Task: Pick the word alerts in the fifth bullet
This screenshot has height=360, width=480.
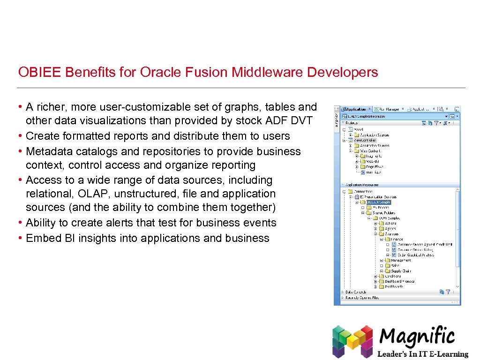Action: (x=116, y=223)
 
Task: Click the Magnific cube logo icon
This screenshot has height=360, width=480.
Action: (x=352, y=341)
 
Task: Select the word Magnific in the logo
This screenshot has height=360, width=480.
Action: (x=417, y=337)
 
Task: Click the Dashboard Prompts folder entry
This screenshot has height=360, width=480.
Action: (x=399, y=281)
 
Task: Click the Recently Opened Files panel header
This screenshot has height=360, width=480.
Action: (x=362, y=298)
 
